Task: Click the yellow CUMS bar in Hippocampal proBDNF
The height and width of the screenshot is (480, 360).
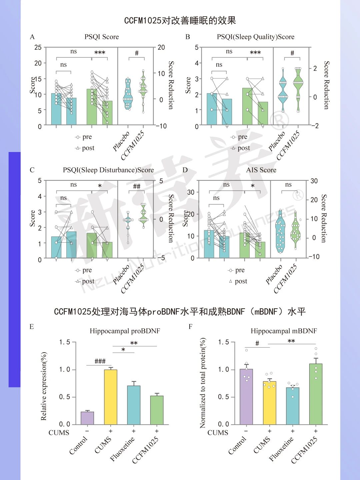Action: point(111,397)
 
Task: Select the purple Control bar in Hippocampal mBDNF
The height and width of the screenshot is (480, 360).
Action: point(246,397)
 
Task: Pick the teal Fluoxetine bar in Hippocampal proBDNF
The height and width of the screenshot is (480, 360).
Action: point(134,405)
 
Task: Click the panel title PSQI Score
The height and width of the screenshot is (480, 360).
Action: point(102,37)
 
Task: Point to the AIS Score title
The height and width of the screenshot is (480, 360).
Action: point(261,170)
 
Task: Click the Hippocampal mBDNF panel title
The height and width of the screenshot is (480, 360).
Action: point(284,331)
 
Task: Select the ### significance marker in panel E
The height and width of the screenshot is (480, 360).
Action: point(100,361)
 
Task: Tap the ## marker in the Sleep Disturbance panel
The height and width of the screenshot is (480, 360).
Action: point(137,186)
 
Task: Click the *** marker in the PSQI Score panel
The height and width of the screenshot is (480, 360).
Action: point(100,53)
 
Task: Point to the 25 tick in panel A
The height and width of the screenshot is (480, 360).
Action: point(38,47)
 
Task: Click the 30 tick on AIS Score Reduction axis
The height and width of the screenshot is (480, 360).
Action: point(314,181)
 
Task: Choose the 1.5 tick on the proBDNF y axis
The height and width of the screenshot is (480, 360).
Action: point(65,342)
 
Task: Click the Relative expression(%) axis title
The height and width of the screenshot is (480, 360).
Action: point(44,386)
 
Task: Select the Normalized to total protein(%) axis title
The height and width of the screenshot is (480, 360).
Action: point(203,383)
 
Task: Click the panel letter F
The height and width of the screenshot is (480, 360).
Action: point(190,327)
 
